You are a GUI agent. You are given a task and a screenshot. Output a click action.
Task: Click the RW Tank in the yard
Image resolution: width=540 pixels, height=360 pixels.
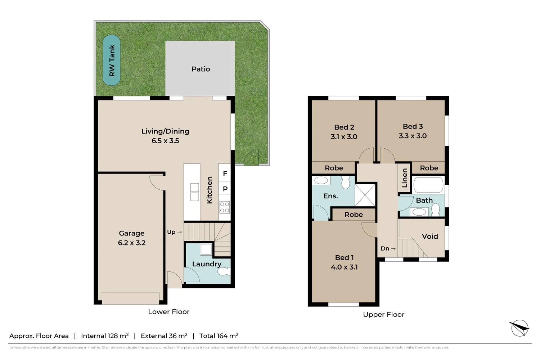point(112,60)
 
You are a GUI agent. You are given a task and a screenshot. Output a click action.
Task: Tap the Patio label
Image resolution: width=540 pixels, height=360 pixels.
point(201,69)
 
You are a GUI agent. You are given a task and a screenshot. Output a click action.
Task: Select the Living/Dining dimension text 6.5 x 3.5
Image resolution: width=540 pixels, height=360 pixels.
point(165,141)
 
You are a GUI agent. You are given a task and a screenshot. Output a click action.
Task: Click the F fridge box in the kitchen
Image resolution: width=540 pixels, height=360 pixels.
point(225,174)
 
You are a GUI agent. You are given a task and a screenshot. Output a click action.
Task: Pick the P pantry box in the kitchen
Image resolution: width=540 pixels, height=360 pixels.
point(225,189)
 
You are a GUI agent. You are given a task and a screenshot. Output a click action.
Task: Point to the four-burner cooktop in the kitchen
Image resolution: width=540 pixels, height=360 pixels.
point(225,207)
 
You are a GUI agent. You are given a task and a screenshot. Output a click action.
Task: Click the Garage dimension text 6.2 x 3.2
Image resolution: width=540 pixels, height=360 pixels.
point(132,243)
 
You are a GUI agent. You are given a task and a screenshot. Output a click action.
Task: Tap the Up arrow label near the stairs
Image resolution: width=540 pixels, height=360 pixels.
point(174,232)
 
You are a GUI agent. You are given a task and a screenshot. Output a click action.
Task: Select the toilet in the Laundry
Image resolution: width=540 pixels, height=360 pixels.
point(224,271)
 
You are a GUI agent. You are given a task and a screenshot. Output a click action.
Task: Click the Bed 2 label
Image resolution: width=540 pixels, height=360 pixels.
point(344,127)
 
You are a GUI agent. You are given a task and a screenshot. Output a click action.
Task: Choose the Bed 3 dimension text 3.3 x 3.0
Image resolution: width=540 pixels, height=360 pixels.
point(413,136)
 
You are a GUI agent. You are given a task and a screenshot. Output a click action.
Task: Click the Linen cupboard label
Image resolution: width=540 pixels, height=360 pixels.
point(405,178)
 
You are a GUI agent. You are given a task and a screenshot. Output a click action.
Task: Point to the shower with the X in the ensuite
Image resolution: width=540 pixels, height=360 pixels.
point(365,195)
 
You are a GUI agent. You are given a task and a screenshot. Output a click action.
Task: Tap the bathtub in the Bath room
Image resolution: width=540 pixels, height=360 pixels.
point(428,185)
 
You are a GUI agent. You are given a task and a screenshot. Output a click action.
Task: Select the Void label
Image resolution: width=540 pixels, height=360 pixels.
point(430,237)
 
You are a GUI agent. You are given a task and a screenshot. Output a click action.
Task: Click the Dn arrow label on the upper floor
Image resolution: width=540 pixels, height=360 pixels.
point(388,248)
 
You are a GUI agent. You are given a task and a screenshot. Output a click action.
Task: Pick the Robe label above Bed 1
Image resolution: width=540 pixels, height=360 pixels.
point(354,215)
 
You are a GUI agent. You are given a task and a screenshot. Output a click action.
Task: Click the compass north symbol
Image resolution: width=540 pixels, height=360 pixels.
point(519,328)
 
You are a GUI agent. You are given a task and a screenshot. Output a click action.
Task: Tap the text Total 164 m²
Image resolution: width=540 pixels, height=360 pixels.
point(219,336)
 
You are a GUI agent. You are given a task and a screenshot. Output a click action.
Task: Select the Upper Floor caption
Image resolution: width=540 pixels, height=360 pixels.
point(383,315)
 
